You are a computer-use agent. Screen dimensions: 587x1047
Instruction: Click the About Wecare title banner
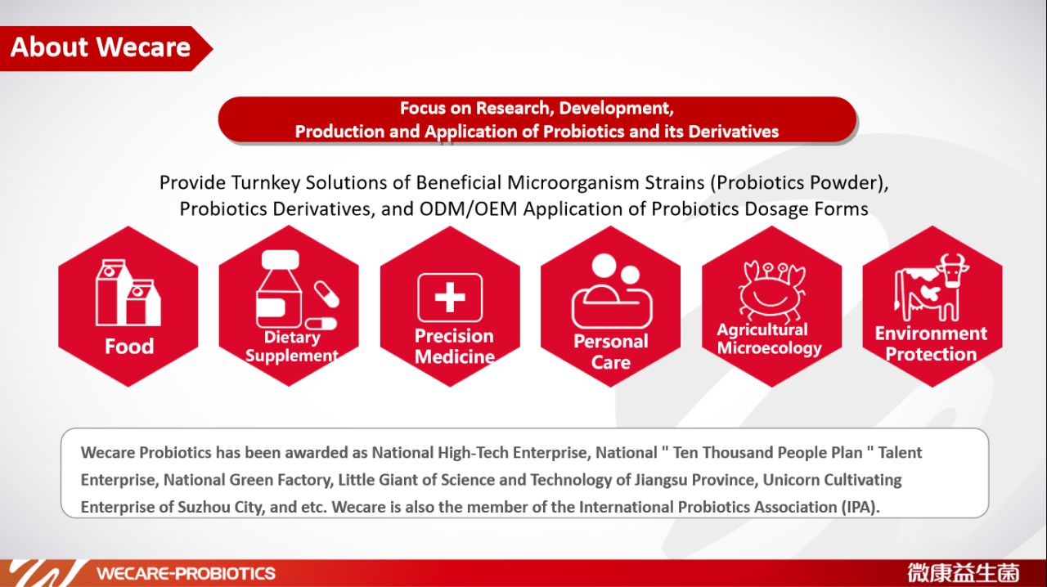101,47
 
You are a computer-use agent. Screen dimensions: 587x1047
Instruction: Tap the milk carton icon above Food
128,293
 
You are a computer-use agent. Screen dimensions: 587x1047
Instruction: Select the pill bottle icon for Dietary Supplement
292,290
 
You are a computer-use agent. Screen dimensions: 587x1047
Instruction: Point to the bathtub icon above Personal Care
611,293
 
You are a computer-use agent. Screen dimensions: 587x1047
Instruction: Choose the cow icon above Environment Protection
932,288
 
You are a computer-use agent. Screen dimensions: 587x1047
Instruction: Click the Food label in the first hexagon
128,347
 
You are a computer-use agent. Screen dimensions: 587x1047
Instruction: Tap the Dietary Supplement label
291,347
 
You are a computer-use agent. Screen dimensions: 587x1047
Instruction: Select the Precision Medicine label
454,347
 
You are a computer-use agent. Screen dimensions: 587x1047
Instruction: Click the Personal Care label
610,352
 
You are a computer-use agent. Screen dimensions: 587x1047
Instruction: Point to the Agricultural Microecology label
769,339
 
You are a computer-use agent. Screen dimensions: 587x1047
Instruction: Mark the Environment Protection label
931,344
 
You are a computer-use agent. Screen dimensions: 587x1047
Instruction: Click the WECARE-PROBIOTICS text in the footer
186,573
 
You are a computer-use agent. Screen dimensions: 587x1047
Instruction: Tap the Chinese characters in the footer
963,572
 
